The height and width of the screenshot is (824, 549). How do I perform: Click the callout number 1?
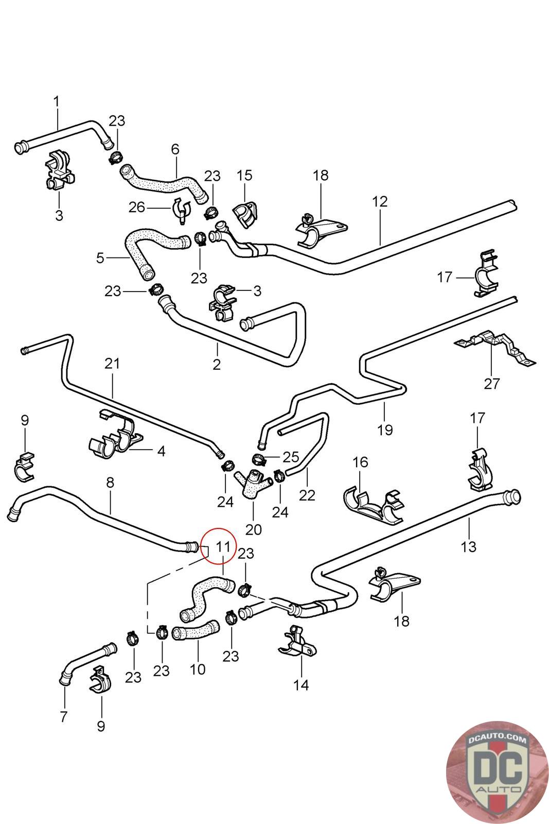pos(57,101)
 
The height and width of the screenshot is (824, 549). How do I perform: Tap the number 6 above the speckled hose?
pos(175,149)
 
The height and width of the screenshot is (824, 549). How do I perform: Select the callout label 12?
pos(380,201)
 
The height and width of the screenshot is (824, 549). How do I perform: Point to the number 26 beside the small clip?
pos(137,208)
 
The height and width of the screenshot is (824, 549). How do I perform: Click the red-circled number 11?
pos(222,546)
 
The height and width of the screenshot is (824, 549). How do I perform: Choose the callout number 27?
pos(492,383)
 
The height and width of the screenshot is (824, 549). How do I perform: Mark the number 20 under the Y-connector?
pos(254,529)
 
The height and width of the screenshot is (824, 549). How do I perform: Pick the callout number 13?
pos(469,546)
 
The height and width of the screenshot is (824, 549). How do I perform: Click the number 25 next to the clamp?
pos(291,457)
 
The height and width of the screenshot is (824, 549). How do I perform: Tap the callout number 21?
pos(112,364)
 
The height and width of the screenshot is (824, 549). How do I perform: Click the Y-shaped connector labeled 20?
pos(253,484)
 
